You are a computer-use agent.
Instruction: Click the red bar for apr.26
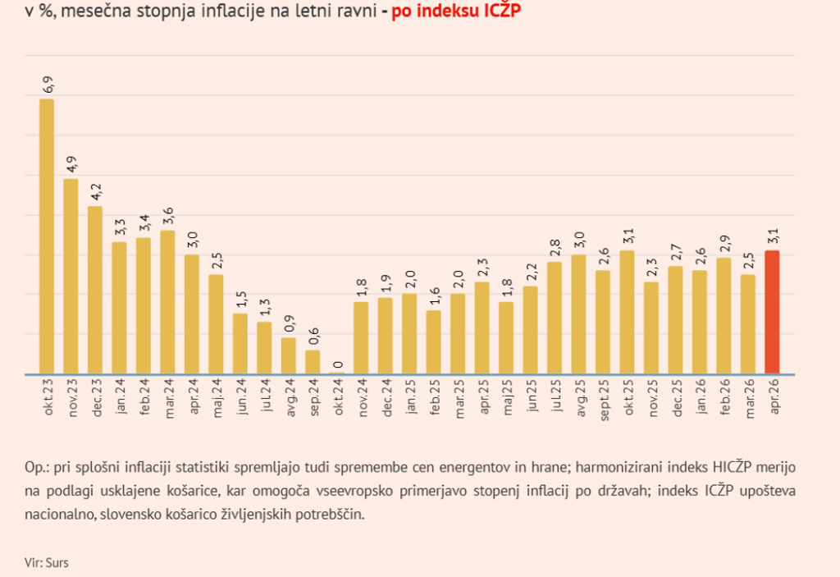tap(772, 312)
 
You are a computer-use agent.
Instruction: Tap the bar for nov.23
tap(71, 276)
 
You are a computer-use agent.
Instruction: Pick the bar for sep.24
tap(313, 362)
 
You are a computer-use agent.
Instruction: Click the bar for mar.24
tap(167, 301)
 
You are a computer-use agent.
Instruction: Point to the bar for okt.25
tap(627, 312)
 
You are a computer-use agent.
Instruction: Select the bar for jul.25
tap(555, 318)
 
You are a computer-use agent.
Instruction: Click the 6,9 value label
tap(48, 84)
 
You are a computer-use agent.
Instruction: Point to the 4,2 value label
tap(96, 191)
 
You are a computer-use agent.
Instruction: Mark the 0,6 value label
tap(313, 335)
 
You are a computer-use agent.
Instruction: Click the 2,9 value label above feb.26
tap(724, 243)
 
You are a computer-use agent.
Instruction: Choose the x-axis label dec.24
tap(386, 397)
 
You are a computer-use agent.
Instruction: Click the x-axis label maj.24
tap(217, 397)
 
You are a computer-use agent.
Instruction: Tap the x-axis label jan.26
tap(700, 397)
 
